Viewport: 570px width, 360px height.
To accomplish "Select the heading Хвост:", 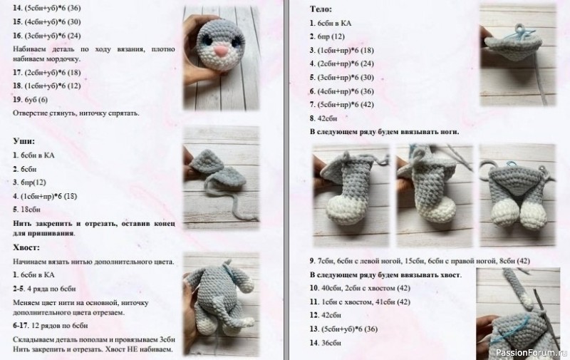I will point(28,247).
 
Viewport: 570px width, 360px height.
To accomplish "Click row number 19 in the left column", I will point(18,100).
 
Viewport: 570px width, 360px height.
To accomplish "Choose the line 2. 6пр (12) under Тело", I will point(328,36).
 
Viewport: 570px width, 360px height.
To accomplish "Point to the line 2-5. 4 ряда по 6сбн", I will point(43,289).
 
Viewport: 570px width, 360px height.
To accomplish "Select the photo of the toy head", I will point(220,53).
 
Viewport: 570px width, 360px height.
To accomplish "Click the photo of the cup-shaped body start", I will point(516,50).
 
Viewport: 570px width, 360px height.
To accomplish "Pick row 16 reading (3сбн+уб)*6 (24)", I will point(47,36).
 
